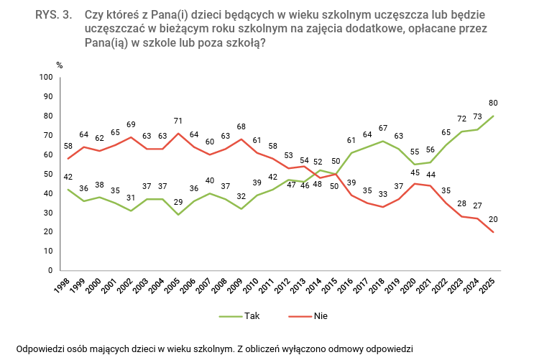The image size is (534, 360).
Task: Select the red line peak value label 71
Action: pyautogui.click(x=179, y=119)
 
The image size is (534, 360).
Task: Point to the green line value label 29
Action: pyautogui.click(x=179, y=202)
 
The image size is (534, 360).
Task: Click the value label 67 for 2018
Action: pyautogui.click(x=384, y=128)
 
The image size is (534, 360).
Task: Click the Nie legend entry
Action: pyautogui.click(x=321, y=316)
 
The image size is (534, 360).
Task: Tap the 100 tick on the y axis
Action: pyautogui.click(x=46, y=77)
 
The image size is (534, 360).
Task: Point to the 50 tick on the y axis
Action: pyautogui.click(x=48, y=174)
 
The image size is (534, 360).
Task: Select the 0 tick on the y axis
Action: pyautogui.click(x=50, y=271)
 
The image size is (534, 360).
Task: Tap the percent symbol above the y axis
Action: pyautogui.click(x=60, y=65)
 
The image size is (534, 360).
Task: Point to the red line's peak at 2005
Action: pyautogui.click(x=179, y=133)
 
